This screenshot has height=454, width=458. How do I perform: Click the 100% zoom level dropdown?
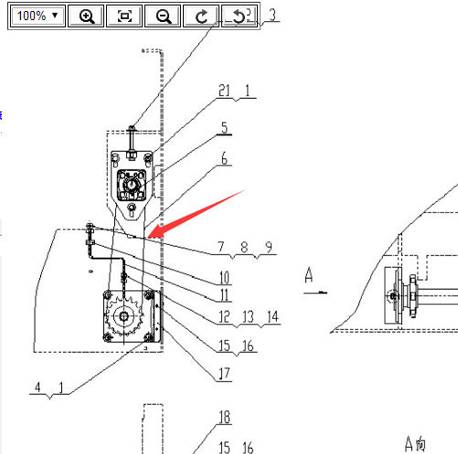click(x=37, y=16)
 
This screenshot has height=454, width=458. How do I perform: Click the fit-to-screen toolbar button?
click(x=124, y=16)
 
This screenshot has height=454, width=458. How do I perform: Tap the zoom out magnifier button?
click(x=163, y=16)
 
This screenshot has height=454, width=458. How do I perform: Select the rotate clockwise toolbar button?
click(x=201, y=16)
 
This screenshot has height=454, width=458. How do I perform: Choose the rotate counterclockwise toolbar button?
click(x=240, y=16)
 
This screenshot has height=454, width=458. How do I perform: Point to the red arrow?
click(x=196, y=214)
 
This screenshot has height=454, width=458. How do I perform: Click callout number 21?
click(x=225, y=90)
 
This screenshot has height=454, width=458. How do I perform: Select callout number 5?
click(x=225, y=128)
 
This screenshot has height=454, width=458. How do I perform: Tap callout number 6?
click(x=225, y=159)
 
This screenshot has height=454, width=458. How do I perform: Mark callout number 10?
click(x=225, y=278)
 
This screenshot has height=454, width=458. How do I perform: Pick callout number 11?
click(x=225, y=295)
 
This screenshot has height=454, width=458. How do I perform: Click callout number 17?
click(x=225, y=374)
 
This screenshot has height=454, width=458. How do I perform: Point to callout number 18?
click(x=225, y=417)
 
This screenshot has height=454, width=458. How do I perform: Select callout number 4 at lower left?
click(x=37, y=387)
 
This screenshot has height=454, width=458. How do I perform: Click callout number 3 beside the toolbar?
click(x=272, y=15)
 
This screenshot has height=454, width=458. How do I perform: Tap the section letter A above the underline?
click(x=309, y=275)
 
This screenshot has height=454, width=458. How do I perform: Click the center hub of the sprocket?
click(x=123, y=316)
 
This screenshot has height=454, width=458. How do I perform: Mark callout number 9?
click(x=269, y=247)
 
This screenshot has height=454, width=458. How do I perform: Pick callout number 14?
click(x=272, y=317)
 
